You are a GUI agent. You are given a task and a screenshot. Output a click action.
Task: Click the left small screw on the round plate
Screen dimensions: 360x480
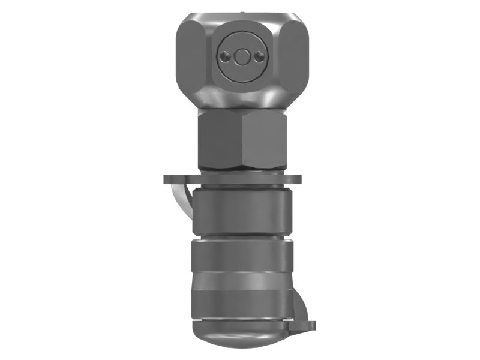(x=226, y=56)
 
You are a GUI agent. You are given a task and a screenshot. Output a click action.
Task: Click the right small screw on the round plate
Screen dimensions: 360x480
(x=259, y=56)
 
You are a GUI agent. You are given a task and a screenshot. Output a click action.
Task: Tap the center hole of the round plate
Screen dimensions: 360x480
(x=242, y=56)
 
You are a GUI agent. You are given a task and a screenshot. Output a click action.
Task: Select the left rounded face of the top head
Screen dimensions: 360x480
(x=192, y=57)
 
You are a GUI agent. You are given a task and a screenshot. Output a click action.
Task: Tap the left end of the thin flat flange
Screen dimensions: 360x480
(x=168, y=179)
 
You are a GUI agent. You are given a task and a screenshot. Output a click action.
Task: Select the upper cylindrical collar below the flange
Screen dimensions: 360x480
(x=242, y=210)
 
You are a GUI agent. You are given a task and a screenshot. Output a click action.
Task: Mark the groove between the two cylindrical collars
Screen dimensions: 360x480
(x=242, y=236)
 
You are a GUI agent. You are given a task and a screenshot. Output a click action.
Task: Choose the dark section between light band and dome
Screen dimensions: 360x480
(x=242, y=303)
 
